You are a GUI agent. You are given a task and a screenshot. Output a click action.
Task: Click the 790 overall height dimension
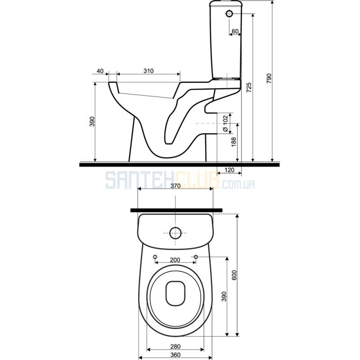pyautogui.click(x=269, y=78)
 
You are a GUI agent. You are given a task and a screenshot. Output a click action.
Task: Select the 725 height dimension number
pyautogui.click(x=249, y=87)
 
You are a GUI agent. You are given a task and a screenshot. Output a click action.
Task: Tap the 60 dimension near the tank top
pyautogui.click(x=235, y=31)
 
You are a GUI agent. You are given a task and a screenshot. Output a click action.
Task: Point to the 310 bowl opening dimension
pyautogui.click(x=148, y=71)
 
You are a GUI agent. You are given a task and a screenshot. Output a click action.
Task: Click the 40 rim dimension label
pyautogui.click(x=100, y=71)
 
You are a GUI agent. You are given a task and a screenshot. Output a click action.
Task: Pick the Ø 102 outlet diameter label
pyautogui.click(x=225, y=123)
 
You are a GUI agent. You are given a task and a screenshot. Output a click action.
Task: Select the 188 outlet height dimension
pyautogui.click(x=234, y=142)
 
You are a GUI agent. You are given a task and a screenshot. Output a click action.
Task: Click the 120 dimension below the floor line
pyautogui.click(x=229, y=170)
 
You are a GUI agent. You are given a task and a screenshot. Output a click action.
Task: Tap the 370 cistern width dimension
pyautogui.click(x=175, y=185)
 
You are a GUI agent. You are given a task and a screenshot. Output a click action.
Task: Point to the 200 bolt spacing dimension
pyautogui.click(x=175, y=260)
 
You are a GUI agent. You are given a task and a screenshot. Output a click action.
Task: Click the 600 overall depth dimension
pyautogui.click(x=234, y=275)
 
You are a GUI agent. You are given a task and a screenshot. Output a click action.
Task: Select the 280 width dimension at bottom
pyautogui.click(x=175, y=346)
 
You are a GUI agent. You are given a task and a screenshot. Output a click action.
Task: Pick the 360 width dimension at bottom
pyautogui.click(x=175, y=355)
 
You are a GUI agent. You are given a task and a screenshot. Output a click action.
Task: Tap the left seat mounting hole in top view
pyautogui.click(x=155, y=256)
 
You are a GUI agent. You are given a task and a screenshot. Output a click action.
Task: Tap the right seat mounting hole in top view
pyautogui.click(x=196, y=256)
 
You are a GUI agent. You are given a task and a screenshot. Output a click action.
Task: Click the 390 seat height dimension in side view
pyautogui.click(x=92, y=121)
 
